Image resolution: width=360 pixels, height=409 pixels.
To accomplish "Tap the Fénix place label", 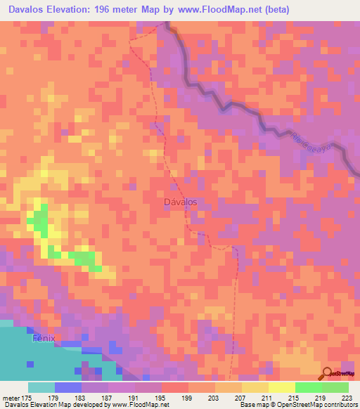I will [x=44, y=339].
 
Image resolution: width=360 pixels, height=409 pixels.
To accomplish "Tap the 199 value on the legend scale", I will [x=187, y=398].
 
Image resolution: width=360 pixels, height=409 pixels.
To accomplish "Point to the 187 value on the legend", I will [x=107, y=398].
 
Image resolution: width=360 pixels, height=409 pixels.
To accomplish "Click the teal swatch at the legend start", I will [x=41, y=387].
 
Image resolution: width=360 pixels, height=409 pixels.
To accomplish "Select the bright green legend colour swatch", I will [x=308, y=387].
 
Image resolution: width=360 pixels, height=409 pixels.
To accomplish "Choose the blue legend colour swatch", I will [x=67, y=387].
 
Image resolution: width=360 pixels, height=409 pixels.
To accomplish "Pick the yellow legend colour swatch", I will [x=281, y=387].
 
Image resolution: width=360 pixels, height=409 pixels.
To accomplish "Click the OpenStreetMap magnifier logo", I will [x=328, y=373].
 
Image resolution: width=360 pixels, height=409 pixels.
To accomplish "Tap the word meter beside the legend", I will [x=11, y=398].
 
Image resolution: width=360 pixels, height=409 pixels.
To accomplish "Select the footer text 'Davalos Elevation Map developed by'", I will [x=49, y=405].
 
